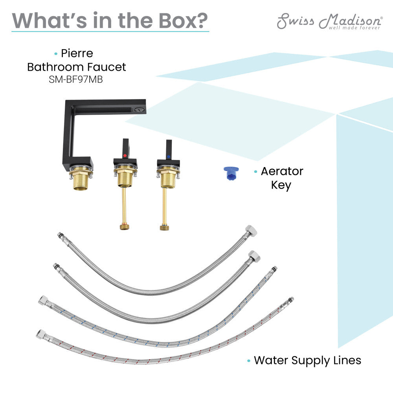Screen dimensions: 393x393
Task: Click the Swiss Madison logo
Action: [330, 22]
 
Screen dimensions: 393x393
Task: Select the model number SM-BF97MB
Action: [76, 79]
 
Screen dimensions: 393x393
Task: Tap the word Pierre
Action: [77, 53]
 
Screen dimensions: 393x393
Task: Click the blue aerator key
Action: [231, 173]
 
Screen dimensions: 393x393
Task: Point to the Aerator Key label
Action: [282, 178]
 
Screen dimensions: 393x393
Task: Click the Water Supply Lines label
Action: [307, 360]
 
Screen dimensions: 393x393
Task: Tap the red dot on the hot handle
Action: [125, 156]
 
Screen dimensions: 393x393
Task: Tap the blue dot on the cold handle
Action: [169, 157]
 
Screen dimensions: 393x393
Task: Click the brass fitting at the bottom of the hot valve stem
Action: [125, 227]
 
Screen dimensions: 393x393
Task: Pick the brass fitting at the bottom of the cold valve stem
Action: [164, 227]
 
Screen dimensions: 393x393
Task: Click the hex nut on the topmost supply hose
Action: [251, 231]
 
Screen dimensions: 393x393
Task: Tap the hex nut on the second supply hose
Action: [254, 256]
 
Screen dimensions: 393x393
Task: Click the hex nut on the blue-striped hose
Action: [44, 300]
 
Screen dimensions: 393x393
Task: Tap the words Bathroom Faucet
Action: [77, 67]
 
